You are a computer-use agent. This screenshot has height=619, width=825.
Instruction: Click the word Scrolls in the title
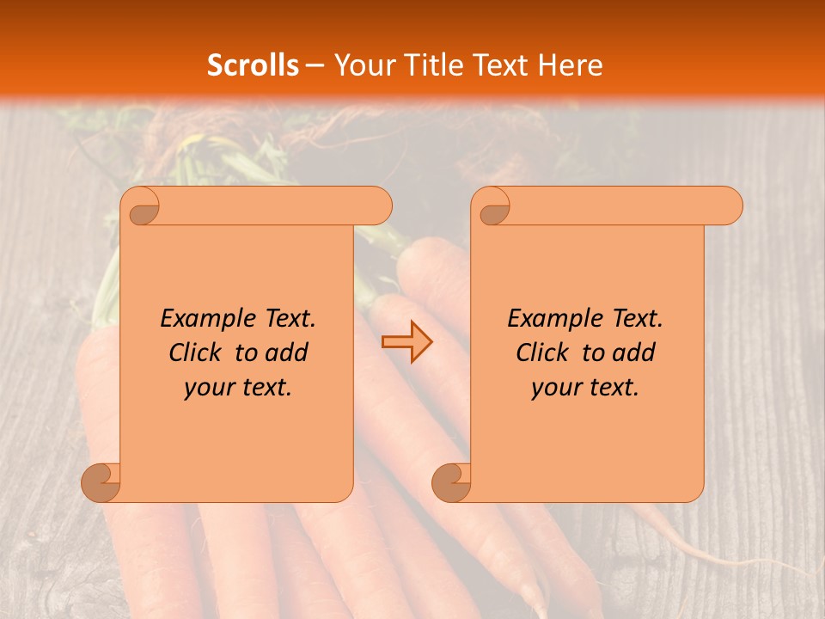[x=253, y=65]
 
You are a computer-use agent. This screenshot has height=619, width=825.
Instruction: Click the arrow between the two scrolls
[x=406, y=342]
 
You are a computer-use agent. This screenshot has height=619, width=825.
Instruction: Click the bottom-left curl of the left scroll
[x=101, y=481]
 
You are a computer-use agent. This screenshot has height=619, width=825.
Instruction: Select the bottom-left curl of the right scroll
[x=451, y=481]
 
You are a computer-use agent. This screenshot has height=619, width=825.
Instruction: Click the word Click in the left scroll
[x=196, y=352]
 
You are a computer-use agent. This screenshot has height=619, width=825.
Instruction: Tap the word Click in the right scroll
[x=543, y=352]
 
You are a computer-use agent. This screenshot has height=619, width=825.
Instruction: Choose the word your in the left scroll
[x=209, y=388]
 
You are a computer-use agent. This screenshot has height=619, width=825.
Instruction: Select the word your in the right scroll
[x=556, y=388]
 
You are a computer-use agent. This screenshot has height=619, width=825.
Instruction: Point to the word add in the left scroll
[x=287, y=352]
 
